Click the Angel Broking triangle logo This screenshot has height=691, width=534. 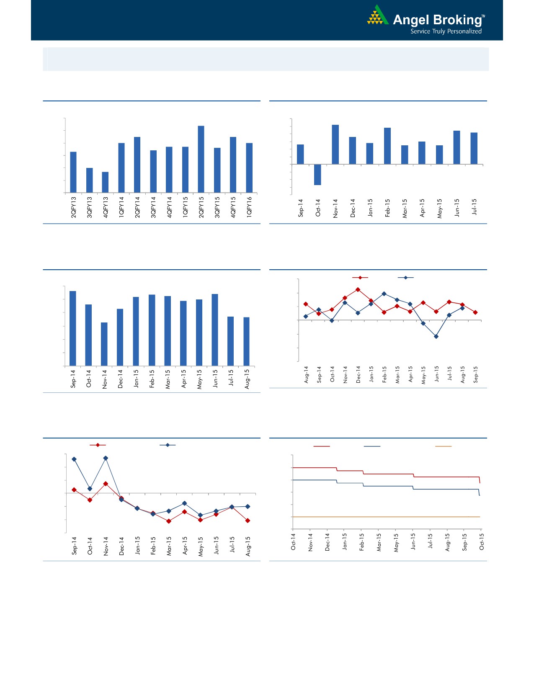pos(377,16)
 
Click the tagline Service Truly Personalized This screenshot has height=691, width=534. pos(446,31)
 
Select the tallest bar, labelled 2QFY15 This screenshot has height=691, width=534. pos(201,159)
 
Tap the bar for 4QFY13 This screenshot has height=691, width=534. pos(105,182)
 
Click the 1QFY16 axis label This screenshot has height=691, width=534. pos(250,206)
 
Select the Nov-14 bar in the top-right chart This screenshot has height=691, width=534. pos(335,144)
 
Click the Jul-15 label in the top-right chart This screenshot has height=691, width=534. pos(475,207)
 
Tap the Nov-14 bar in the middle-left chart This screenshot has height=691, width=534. pos(104,344)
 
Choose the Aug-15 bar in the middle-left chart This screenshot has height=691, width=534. pos(247,341)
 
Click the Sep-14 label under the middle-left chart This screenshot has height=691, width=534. pos(73,378)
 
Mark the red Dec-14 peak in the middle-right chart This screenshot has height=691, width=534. pos(358,289)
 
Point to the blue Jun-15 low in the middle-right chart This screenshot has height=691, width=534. pos(436,336)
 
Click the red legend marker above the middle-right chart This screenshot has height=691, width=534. pos(360,278)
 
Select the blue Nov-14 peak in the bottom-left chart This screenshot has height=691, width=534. pos(106,458)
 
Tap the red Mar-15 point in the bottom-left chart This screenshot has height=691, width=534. pos(169,521)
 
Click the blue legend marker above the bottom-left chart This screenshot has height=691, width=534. pos(168,445)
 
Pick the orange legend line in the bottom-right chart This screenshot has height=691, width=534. pos(443,446)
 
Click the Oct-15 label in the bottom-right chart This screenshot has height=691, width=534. pos(482,542)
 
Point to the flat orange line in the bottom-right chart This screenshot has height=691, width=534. pos(385,517)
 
